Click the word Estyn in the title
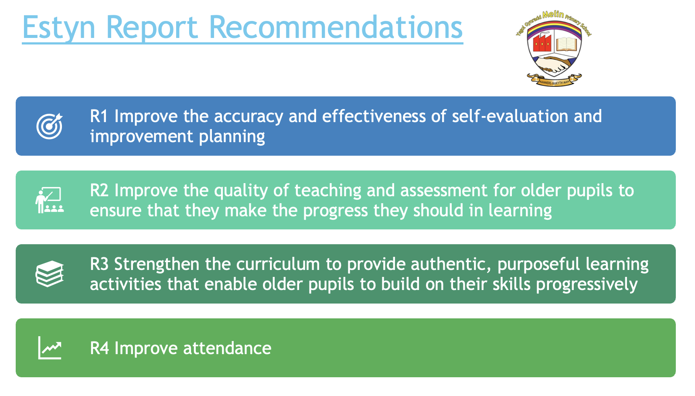tap(58, 28)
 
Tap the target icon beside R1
tap(50, 126)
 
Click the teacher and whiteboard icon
tap(49, 200)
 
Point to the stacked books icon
tap(50, 273)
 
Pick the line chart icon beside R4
tap(50, 348)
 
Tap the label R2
tap(99, 190)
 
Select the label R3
tap(99, 264)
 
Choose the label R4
tap(99, 348)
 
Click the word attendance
tap(227, 348)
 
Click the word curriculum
tap(278, 264)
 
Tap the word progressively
tap(587, 285)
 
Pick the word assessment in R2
tap(444, 191)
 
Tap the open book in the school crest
tap(567, 44)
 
